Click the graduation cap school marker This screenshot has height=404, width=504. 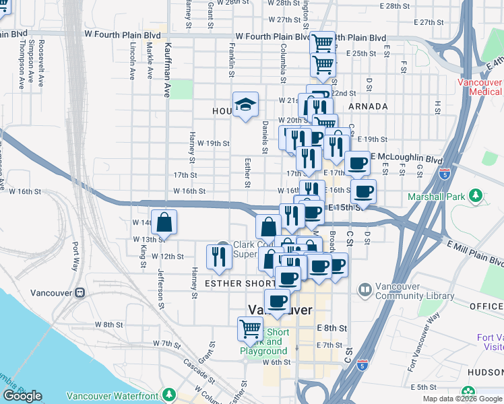point(245,104)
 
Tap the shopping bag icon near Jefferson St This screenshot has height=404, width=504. point(164,222)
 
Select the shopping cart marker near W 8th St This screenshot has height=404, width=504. point(250,329)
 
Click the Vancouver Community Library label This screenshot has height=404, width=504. point(408,290)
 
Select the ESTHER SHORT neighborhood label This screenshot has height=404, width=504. point(237,283)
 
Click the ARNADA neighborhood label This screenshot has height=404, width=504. point(369,106)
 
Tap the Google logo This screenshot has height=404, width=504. point(22,396)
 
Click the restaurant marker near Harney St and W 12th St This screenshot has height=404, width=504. point(219,255)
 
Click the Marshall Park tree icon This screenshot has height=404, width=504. point(476,196)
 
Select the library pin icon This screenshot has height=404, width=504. point(365,290)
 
